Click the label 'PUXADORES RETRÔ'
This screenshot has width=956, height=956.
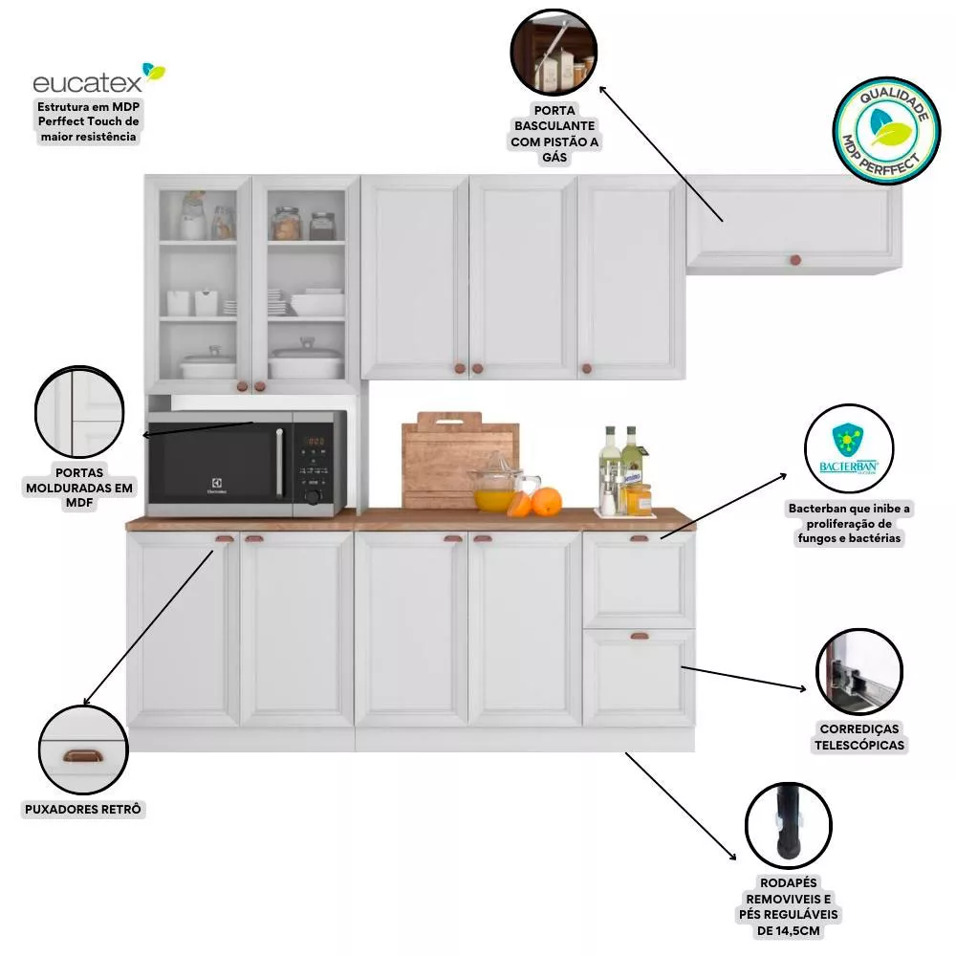[x=84, y=810]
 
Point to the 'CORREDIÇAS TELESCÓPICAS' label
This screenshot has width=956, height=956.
[x=858, y=736]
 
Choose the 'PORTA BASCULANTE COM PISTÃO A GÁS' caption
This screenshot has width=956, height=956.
[x=554, y=133]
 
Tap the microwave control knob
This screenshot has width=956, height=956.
[x=312, y=495]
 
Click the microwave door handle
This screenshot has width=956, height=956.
[x=279, y=463]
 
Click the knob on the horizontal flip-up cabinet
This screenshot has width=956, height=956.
[x=793, y=260]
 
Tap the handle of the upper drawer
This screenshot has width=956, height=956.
[x=639, y=539]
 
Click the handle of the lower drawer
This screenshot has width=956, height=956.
[x=639, y=634]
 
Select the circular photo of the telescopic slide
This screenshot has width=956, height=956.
[x=858, y=670]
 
